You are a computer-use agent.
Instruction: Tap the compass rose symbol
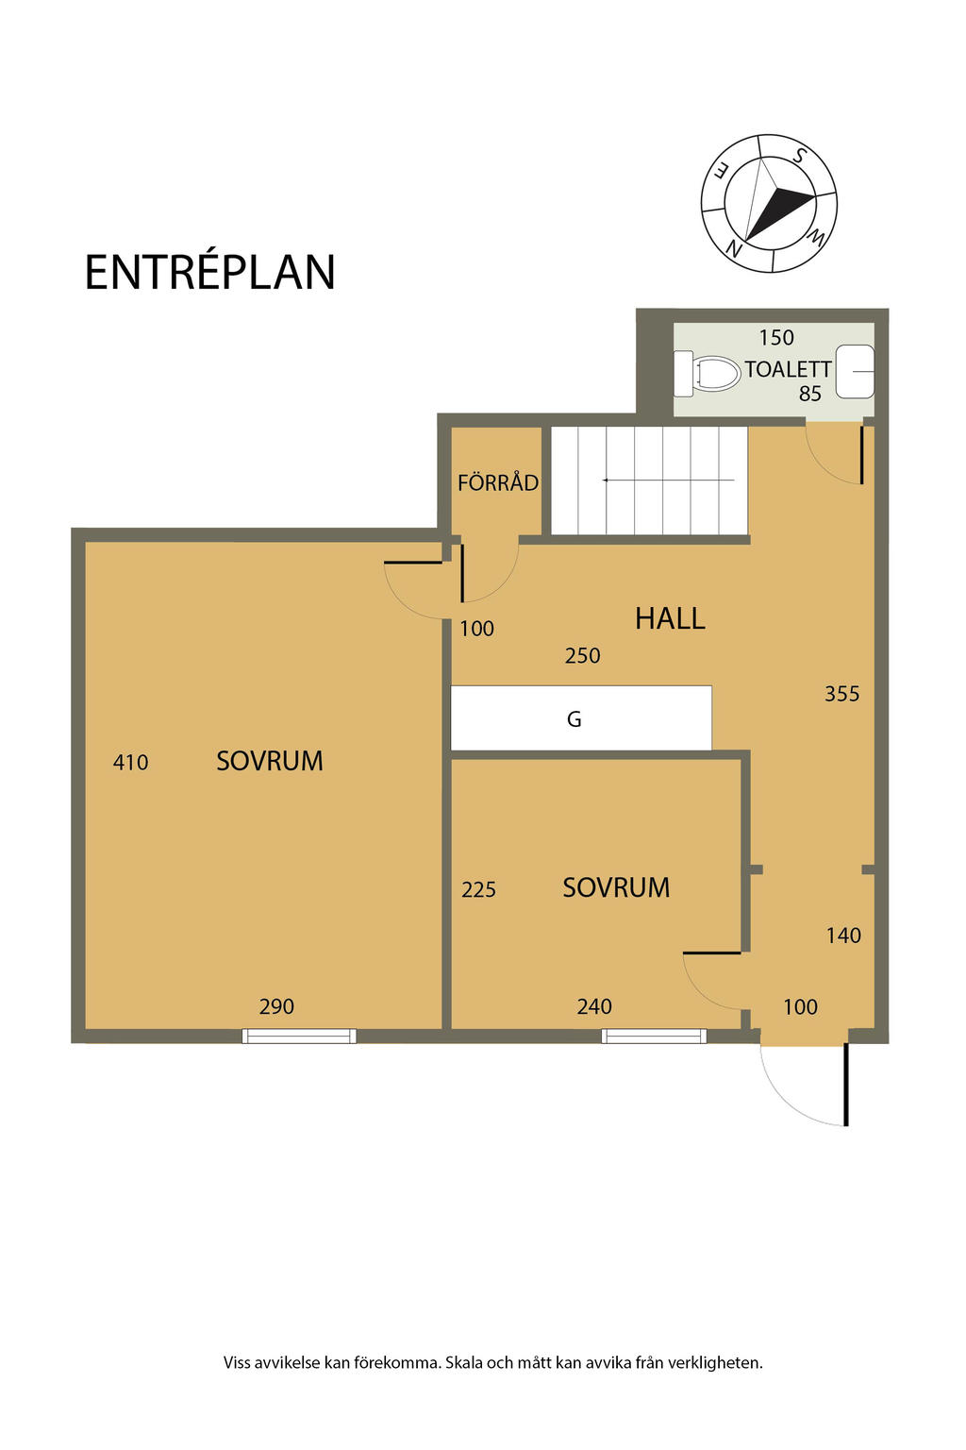[768, 203]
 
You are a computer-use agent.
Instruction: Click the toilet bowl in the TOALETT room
[707, 374]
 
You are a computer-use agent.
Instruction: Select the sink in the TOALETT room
[855, 372]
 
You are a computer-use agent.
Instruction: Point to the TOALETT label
[788, 370]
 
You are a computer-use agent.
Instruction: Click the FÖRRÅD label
[497, 482]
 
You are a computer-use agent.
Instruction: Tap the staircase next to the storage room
[649, 481]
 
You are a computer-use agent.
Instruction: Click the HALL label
[670, 618]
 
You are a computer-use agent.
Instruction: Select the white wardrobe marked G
[581, 717]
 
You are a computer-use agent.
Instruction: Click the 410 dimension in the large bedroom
[131, 762]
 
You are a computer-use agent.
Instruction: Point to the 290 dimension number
[276, 1006]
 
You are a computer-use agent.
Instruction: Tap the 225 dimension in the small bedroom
[479, 889]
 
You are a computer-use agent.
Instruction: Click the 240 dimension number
[594, 1006]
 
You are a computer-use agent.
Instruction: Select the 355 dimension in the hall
[841, 693]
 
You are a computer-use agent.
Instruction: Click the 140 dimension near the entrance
[843, 935]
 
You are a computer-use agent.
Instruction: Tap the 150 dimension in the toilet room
[776, 337]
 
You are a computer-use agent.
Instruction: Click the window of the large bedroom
[299, 1036]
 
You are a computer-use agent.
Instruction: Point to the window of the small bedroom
[654, 1036]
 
